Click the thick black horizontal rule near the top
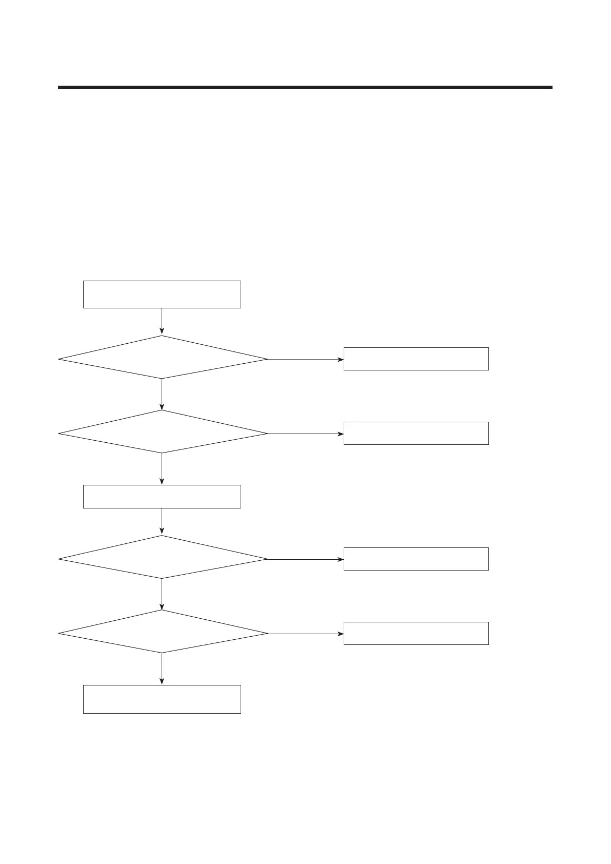305,87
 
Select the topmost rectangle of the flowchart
162,294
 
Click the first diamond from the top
162,358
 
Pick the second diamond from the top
162,431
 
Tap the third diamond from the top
162,557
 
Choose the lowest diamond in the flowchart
162,632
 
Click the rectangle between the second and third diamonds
162,496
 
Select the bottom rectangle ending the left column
162,699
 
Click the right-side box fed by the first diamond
416,359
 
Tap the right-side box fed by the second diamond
416,433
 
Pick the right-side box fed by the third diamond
416,559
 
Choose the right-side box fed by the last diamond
416,633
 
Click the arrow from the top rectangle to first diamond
162,322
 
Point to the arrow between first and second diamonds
162,394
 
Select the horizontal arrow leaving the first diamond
305,359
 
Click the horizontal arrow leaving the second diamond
305,434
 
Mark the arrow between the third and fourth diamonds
162,594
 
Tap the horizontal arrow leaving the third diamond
305,559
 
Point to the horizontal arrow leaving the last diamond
305,634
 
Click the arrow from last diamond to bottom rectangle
162,669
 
